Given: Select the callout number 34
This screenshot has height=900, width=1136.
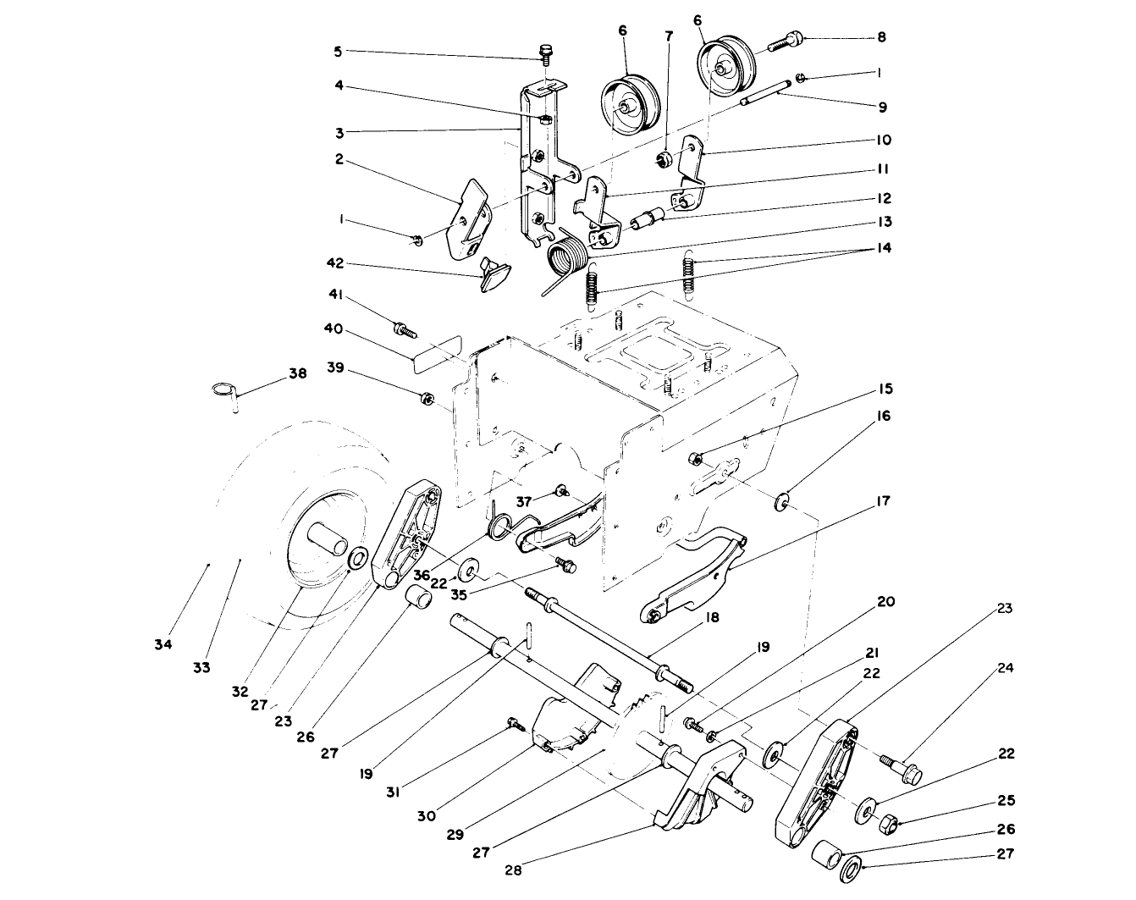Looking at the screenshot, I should pos(163,644).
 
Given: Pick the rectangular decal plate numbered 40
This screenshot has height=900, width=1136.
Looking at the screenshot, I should pos(435,353).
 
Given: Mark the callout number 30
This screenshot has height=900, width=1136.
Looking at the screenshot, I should pos(427,816).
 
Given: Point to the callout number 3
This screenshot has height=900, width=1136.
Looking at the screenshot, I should pos(339,131).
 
